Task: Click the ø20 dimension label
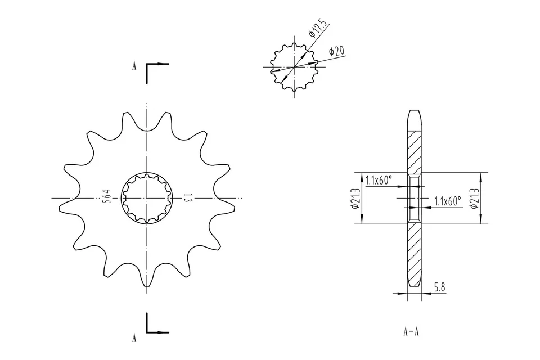pyautogui.click(x=337, y=51)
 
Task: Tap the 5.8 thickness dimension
pyautogui.click(x=440, y=287)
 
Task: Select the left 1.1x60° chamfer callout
pyautogui.click(x=379, y=180)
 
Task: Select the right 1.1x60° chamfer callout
pyautogui.click(x=448, y=200)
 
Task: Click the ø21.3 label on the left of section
pyautogui.click(x=355, y=199)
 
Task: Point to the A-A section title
pyautogui.click(x=411, y=331)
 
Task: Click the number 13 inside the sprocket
pyautogui.click(x=187, y=198)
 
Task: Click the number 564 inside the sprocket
pyautogui.click(x=106, y=198)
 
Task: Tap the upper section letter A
pyautogui.click(x=134, y=66)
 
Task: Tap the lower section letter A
pyautogui.click(x=134, y=337)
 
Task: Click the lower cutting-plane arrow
pyautogui.click(x=158, y=331)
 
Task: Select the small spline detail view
pyautogui.click(x=294, y=67)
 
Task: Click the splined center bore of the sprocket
pyautogui.click(x=146, y=198)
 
